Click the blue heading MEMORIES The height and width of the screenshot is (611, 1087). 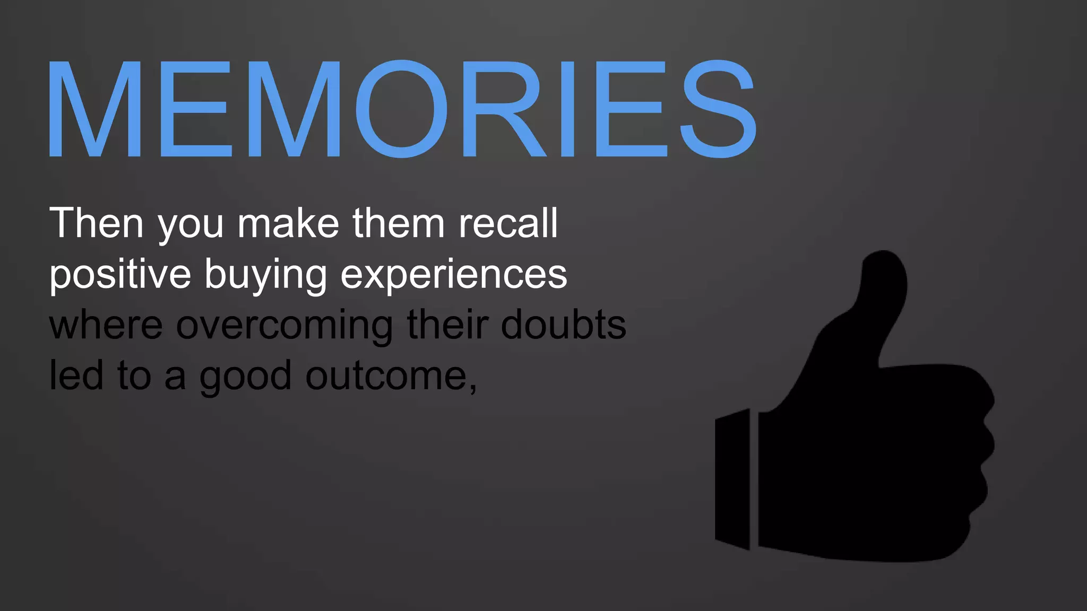(402, 109)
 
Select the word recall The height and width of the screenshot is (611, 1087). (508, 223)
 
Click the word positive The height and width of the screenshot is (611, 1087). (120, 275)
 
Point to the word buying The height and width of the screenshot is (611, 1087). (265, 275)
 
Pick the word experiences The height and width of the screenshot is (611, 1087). (454, 275)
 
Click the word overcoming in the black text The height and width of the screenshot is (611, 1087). (284, 326)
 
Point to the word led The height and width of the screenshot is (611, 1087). (76, 376)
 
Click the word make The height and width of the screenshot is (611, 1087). (288, 223)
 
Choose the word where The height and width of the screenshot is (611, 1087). (106, 326)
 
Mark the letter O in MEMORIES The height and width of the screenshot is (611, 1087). (402, 109)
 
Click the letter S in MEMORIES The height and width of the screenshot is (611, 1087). (719, 109)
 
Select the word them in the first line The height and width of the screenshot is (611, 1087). (399, 223)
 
